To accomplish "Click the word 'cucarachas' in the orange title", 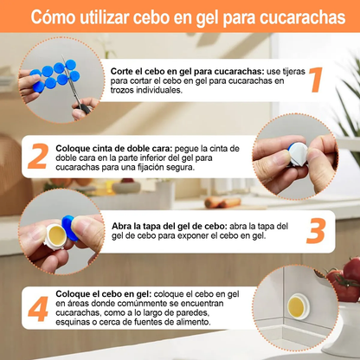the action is click(302, 17).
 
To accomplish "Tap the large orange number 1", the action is click(316, 80).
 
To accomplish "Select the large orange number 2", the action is click(38, 156).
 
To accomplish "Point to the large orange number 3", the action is click(316, 231).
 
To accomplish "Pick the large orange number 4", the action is click(38, 309).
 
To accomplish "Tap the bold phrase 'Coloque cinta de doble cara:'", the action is click(114, 149).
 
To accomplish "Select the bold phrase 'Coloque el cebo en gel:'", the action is click(103, 294).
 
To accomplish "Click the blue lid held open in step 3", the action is click(69, 228).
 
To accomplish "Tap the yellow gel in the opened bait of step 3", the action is click(57, 233).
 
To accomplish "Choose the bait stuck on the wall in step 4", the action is click(299, 306).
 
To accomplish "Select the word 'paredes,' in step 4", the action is click(192, 312).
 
